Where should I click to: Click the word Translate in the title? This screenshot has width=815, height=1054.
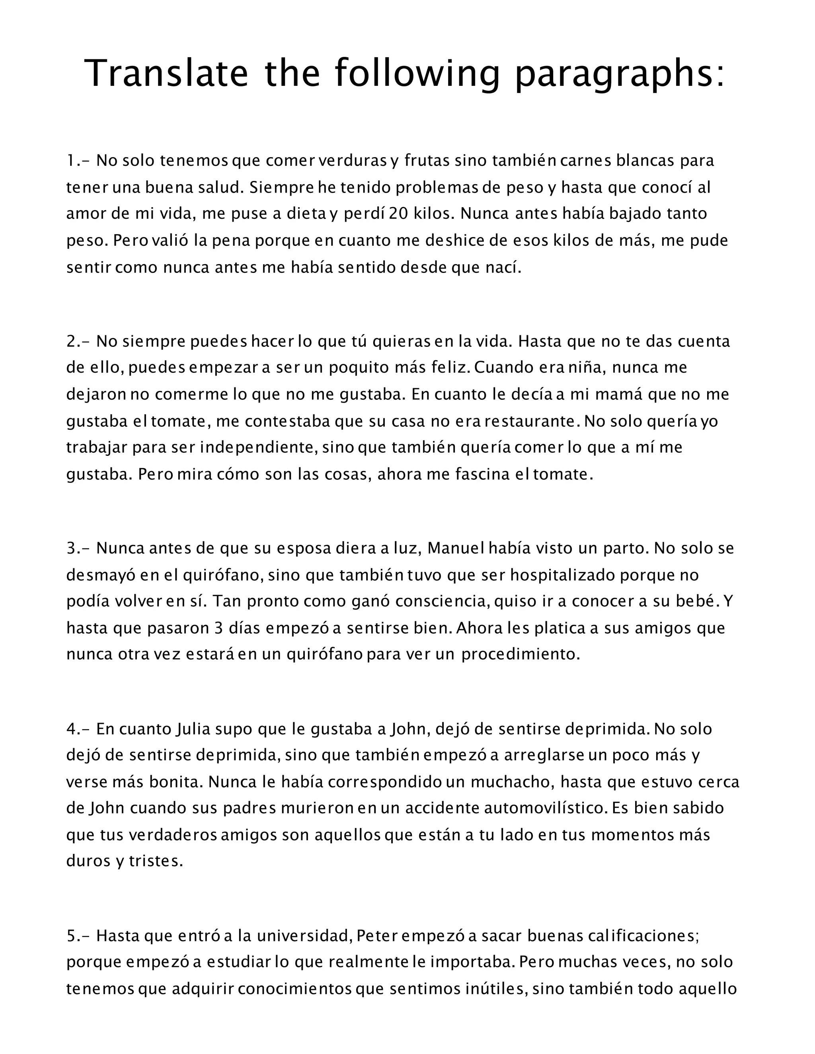tap(167, 73)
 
